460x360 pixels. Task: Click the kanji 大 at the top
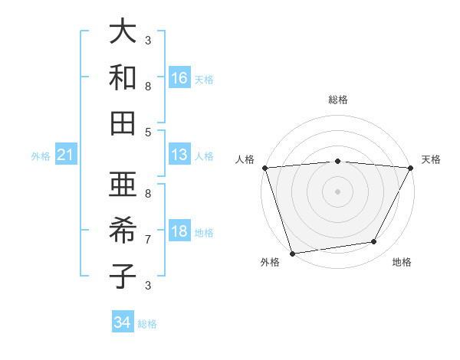pos(123,31)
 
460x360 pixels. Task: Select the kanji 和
pos(123,77)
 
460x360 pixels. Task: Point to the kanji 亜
pos(123,185)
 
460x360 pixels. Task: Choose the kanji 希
pos(123,231)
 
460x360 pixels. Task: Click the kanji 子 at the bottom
pos(123,277)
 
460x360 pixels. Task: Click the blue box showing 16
pos(179,78)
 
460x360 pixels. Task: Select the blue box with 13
pos(179,155)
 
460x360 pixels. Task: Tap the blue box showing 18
pos(179,232)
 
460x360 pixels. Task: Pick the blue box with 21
pos(66,155)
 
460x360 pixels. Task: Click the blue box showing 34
pos(123,322)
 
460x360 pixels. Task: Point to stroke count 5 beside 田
pos(148,132)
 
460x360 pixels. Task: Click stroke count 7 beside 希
pos(148,239)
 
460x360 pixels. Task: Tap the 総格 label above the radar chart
pos(337,100)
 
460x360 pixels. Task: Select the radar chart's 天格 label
pos(432,159)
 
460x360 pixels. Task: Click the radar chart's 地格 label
pos(402,263)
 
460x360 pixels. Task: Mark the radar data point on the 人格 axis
pos(264,168)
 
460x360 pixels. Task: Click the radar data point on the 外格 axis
pos(292,253)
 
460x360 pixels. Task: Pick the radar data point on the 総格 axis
pos(337,161)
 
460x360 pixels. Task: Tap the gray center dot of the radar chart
pos(337,191)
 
